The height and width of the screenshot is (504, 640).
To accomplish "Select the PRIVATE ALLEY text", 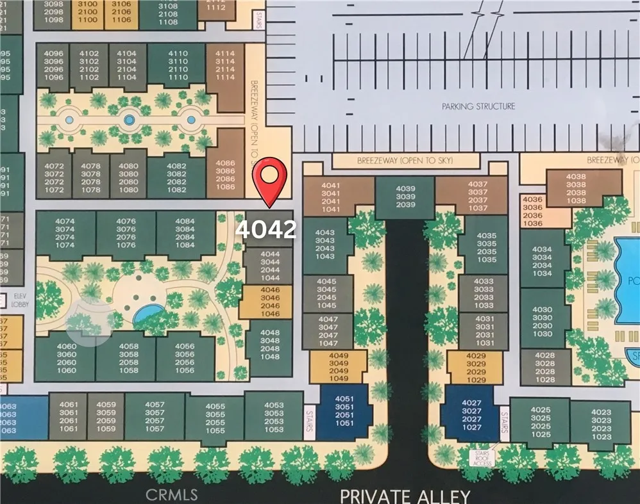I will click(x=405, y=495).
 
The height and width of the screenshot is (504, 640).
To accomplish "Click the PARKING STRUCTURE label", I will click(x=478, y=106).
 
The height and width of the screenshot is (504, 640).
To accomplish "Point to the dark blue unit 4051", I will click(x=345, y=410).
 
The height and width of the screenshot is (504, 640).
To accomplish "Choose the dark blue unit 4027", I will click(x=471, y=414).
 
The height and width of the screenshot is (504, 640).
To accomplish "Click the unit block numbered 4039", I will click(x=405, y=196).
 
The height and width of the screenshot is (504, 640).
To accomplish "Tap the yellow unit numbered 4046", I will click(x=270, y=302).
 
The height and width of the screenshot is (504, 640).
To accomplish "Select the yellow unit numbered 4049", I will click(x=338, y=367).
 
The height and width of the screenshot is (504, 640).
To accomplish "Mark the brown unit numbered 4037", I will click(x=477, y=196).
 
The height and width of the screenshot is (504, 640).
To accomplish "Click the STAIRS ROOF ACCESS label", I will click(x=483, y=458).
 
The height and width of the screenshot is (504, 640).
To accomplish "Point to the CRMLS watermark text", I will click(x=171, y=494).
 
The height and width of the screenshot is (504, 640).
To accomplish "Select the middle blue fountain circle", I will click(x=130, y=119).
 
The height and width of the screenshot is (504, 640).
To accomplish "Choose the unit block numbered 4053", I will click(x=274, y=417).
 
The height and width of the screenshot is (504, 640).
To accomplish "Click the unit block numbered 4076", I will click(x=126, y=234).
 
